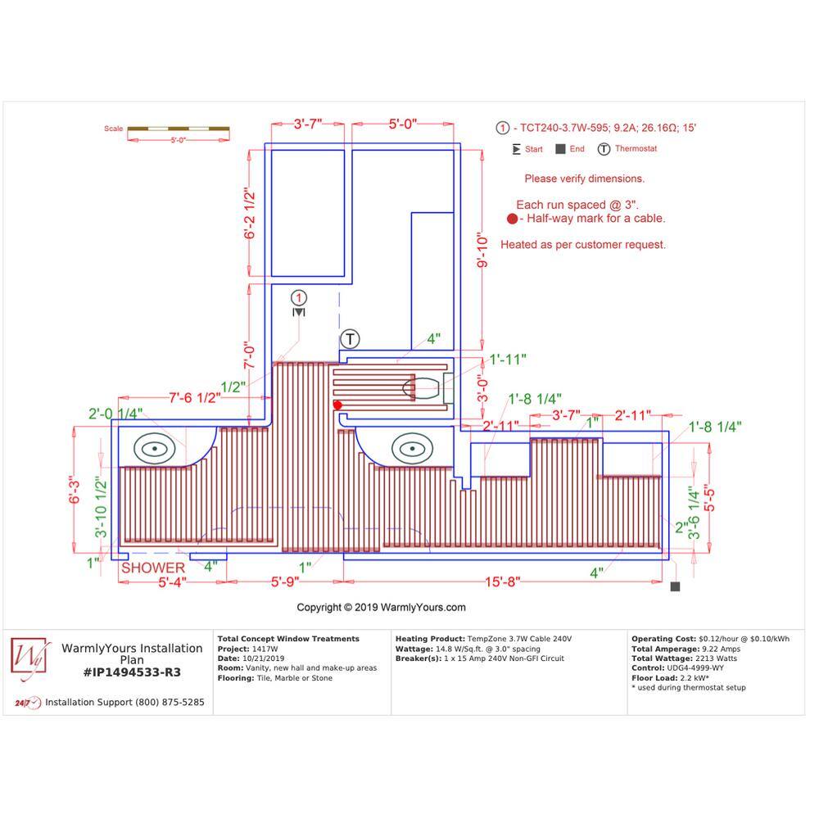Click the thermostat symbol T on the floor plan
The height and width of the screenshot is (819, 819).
point(350,339)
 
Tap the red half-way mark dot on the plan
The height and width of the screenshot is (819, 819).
point(337,405)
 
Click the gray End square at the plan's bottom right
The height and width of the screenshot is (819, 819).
point(675,586)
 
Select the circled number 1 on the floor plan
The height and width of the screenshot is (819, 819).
point(299,298)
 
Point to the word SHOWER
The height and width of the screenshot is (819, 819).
point(153,568)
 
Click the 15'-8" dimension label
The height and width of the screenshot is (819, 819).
point(503,581)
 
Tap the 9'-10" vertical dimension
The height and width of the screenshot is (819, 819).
point(482,250)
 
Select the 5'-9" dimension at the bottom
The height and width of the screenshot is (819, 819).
point(285,581)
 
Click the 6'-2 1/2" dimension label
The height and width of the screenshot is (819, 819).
point(250,214)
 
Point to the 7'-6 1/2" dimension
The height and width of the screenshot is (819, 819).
point(195,398)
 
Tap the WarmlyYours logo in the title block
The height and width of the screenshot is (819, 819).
point(29,658)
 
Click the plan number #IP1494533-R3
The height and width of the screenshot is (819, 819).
point(132,672)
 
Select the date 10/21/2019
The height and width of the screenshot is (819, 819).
point(263,658)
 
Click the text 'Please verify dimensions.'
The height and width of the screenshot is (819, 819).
point(585,179)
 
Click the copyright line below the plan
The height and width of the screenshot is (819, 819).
point(382,608)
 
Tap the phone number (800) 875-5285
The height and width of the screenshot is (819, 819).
point(170,703)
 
